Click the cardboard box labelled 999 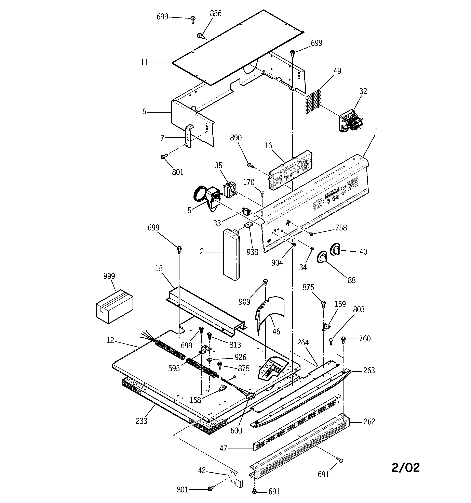(x=114, y=306)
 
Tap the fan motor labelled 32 (x=350, y=122)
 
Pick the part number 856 (x=215, y=14)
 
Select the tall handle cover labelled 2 (x=231, y=254)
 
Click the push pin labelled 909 (x=266, y=281)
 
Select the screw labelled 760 (x=343, y=339)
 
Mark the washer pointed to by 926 (x=210, y=360)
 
